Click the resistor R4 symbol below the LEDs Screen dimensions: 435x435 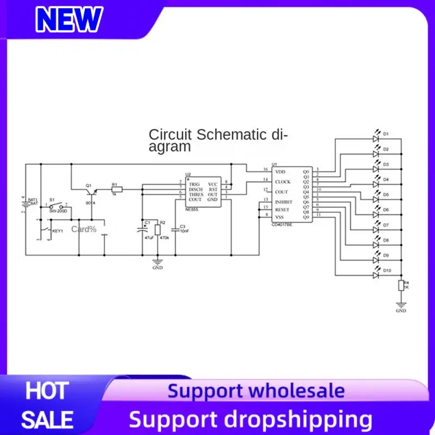coord(401,286)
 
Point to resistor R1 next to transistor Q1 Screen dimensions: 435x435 coord(117,189)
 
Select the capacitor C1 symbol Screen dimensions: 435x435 coord(141,230)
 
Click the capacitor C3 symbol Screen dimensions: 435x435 coord(175,230)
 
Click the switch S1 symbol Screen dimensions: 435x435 coord(58,207)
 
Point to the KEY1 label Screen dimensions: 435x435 coord(58,231)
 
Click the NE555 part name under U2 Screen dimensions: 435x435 coord(191,208)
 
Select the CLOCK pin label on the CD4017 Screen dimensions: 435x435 coord(283,182)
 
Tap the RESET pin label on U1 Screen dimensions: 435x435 coord(282,209)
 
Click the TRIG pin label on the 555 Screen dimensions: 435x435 coord(194,184)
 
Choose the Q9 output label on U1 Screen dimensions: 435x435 coord(306,217)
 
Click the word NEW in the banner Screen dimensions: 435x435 coord(69,20)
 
